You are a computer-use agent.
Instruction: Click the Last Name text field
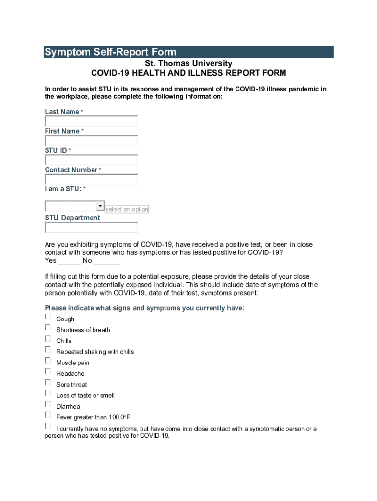click(x=91, y=121)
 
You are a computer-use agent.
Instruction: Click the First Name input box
click(x=91, y=140)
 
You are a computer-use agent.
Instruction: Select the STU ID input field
click(x=91, y=160)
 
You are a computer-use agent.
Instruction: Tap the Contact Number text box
click(x=91, y=179)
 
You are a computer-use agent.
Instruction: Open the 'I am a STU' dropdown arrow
click(x=100, y=206)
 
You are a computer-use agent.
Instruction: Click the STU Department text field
click(x=91, y=228)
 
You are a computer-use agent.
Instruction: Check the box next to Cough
click(x=48, y=317)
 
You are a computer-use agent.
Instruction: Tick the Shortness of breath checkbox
click(x=48, y=328)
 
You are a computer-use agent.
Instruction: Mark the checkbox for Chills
click(x=48, y=339)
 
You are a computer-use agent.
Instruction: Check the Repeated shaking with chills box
click(x=48, y=350)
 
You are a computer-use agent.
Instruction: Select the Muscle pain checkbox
click(x=48, y=361)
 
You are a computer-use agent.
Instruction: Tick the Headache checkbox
click(x=48, y=371)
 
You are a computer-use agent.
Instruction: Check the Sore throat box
click(x=48, y=382)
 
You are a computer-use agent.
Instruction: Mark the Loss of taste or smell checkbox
click(x=48, y=393)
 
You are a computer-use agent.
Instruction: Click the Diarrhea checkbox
click(x=48, y=404)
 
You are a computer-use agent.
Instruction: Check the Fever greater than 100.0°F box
click(x=48, y=415)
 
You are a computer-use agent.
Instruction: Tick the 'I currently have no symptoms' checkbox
click(x=48, y=426)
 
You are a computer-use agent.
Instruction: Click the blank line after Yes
click(x=70, y=261)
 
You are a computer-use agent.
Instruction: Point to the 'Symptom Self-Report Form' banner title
click(x=110, y=52)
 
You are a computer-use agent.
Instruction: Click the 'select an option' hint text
click(x=127, y=209)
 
